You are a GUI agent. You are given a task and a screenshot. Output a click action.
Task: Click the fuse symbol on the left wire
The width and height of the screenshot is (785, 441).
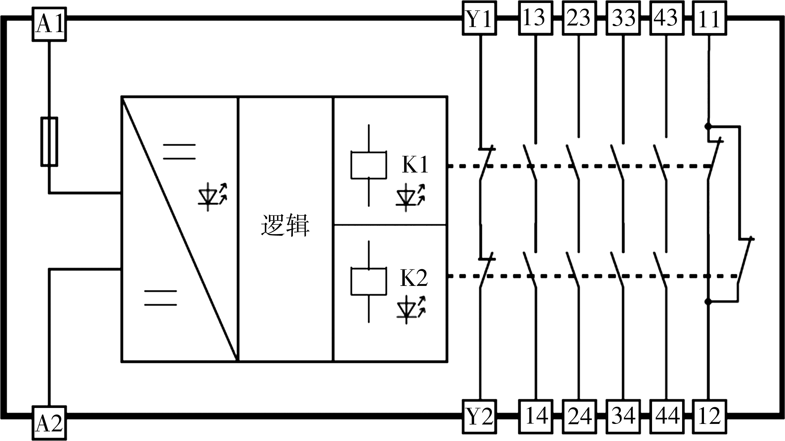pos(50,142)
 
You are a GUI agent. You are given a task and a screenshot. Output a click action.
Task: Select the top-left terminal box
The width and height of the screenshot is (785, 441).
pos(50,24)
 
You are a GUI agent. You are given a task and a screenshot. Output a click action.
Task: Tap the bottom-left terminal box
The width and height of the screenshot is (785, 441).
pos(50,423)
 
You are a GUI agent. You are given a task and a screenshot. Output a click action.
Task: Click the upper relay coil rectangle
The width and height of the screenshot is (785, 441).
pos(369,165)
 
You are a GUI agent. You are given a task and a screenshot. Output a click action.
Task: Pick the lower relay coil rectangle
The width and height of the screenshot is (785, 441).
pos(369,281)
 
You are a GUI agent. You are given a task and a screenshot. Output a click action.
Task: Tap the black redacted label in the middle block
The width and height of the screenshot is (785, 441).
pos(285,225)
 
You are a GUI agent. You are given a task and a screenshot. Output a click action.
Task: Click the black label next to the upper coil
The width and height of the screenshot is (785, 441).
pos(415,164)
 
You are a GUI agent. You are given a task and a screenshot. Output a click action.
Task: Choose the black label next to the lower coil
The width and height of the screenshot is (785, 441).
pos(414,277)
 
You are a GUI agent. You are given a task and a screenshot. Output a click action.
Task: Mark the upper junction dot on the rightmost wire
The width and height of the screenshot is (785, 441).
pos(708,126)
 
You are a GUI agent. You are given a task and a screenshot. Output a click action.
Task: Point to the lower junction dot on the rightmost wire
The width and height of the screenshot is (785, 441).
pos(708,301)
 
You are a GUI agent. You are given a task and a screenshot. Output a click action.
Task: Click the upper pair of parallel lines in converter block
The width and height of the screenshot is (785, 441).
pos(179,152)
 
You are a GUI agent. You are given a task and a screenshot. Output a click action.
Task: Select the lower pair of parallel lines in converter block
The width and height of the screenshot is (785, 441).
pos(160,298)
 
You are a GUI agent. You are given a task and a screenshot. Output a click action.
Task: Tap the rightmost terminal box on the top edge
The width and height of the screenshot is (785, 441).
pos(709,18)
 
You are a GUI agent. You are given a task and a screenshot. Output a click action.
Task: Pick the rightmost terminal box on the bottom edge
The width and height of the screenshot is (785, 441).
pos(709,416)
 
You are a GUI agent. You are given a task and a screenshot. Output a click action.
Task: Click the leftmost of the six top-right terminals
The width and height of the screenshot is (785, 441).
pos(479,18)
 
